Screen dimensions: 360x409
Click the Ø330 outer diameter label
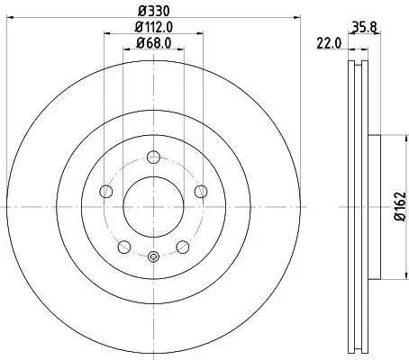153,10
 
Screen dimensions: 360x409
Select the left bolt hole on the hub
106,191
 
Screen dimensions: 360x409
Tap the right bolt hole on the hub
200,191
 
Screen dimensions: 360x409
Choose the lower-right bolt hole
182,247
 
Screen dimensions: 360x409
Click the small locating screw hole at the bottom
153,256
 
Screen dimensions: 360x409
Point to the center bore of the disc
153,207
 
